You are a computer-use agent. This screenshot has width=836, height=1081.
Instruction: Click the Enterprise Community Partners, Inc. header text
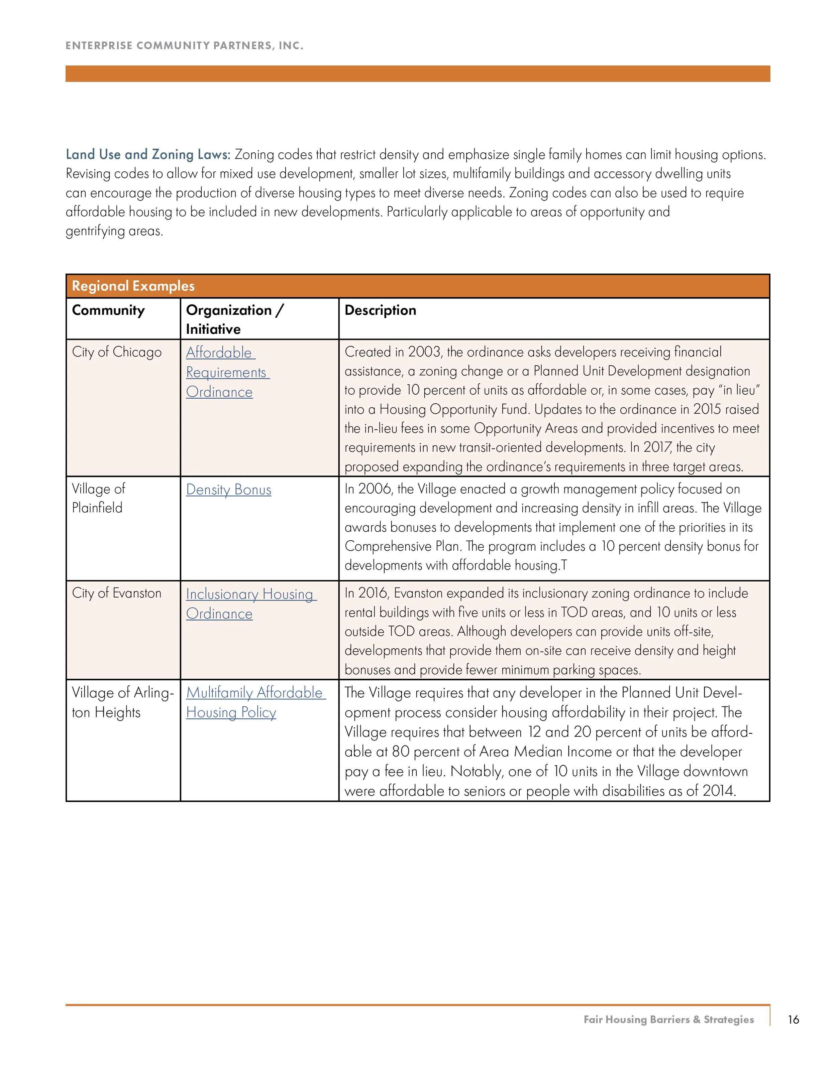click(x=184, y=45)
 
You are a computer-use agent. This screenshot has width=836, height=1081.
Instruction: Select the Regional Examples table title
click(x=133, y=286)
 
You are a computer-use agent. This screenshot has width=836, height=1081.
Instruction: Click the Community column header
click(x=108, y=310)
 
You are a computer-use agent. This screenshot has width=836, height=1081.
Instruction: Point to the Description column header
click(x=380, y=310)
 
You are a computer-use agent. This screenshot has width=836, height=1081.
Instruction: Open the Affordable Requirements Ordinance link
click(x=227, y=372)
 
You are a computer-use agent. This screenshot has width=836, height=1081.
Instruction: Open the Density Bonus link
click(x=228, y=490)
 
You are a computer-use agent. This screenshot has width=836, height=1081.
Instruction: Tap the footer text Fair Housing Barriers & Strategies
click(x=668, y=1020)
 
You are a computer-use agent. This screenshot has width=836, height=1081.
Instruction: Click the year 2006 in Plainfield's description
click(x=376, y=489)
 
